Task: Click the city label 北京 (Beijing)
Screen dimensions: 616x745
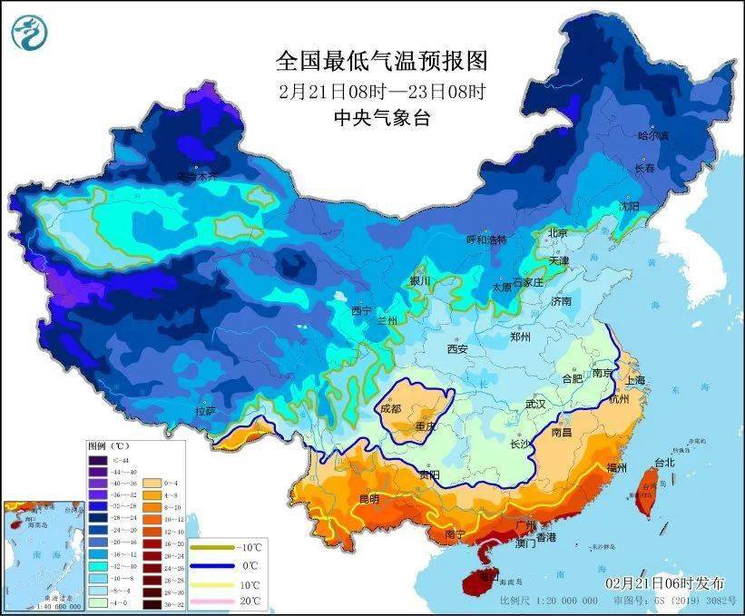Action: coord(557,233)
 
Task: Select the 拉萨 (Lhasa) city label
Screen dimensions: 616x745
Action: coord(205,411)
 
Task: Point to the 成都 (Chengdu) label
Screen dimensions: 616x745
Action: coord(391,408)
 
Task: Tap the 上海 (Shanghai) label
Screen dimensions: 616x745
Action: coord(634,380)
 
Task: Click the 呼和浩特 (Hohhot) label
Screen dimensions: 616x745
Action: coord(485,240)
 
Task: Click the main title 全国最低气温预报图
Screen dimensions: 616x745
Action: coord(381,62)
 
